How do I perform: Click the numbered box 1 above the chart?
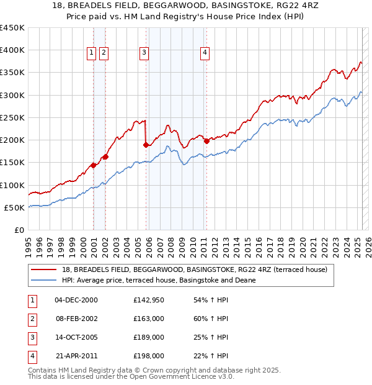click(92, 53)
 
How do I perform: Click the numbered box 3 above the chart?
click(144, 53)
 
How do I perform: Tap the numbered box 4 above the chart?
click(204, 53)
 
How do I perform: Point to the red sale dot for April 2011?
click(206, 140)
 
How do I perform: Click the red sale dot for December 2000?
click(93, 165)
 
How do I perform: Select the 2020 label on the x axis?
click(302, 242)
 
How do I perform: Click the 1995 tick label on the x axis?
click(29, 242)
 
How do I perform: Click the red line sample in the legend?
click(45, 269)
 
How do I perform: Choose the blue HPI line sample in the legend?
click(45, 280)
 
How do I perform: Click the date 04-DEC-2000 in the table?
click(76, 300)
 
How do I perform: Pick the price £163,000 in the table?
click(149, 319)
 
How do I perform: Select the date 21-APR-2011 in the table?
click(76, 356)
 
